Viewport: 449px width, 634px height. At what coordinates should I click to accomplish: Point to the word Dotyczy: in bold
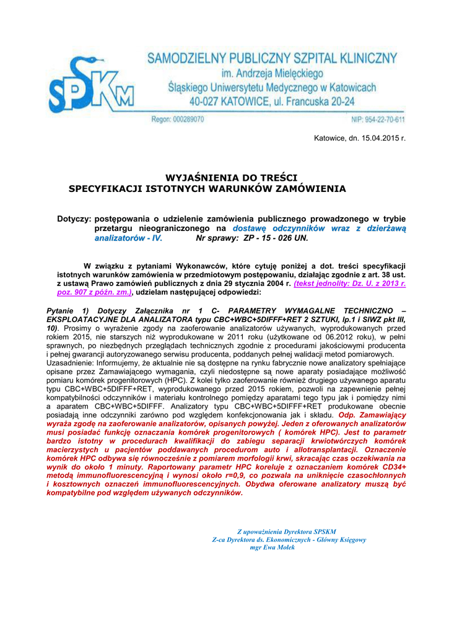pyautogui.click(x=74, y=219)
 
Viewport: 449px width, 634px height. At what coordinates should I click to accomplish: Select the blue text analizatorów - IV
pyautogui.click(x=127, y=237)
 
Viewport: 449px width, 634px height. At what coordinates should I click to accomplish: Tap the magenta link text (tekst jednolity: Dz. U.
pyautogui.click(x=350, y=283)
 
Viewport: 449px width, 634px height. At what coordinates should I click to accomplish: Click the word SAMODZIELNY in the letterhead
pyautogui.click(x=186, y=59)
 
